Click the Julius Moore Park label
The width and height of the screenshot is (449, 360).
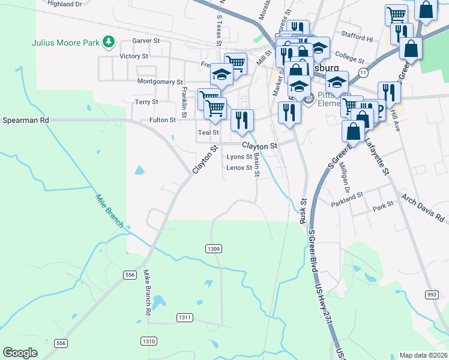(x=65, y=42)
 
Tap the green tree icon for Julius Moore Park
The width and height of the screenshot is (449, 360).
(x=109, y=41)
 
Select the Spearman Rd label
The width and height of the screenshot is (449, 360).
(x=25, y=120)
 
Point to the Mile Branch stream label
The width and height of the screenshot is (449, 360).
(x=109, y=211)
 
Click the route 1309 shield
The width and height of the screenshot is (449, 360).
(x=214, y=248)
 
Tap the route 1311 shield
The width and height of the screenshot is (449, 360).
(x=185, y=317)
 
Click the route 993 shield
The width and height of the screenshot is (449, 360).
(x=431, y=294)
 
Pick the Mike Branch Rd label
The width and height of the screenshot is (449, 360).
(x=146, y=293)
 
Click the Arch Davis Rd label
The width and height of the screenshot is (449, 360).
(x=423, y=208)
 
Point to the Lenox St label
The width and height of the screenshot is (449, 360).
(x=240, y=168)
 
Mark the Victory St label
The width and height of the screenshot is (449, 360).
(x=134, y=56)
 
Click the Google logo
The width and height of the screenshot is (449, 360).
(x=20, y=353)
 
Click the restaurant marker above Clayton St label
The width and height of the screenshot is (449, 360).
(x=243, y=121)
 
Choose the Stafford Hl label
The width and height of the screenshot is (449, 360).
(x=357, y=37)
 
